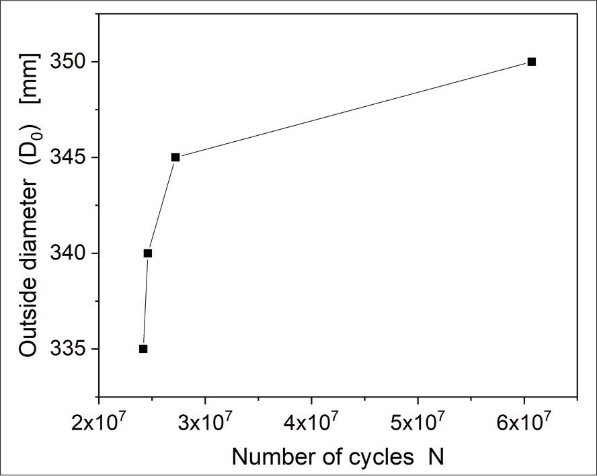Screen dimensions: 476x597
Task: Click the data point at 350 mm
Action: click(x=532, y=62)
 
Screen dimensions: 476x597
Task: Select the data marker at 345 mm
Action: click(x=175, y=157)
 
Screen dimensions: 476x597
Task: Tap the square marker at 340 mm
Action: click(x=148, y=253)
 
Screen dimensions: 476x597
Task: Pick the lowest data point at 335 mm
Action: click(x=143, y=349)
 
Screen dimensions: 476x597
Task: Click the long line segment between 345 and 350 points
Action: click(x=354, y=110)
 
